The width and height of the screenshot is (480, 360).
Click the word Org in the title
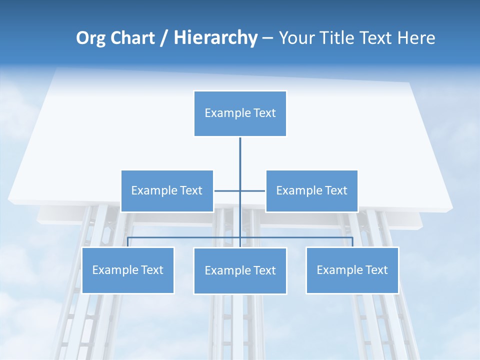[91, 38]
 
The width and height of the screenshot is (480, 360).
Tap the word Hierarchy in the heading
[215, 38]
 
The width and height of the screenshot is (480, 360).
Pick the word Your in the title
[297, 38]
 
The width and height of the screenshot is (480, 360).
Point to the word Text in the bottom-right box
[376, 270]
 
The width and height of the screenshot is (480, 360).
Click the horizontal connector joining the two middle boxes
[228, 190]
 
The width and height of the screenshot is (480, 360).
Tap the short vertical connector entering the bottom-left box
[128, 242]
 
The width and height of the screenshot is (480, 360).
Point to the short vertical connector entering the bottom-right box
[352, 242]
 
